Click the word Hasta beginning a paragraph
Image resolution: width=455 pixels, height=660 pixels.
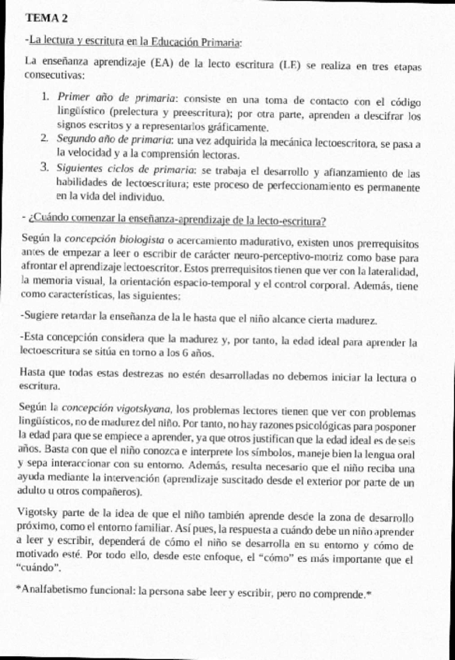point(36,374)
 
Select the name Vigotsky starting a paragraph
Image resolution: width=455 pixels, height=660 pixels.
point(45,518)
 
